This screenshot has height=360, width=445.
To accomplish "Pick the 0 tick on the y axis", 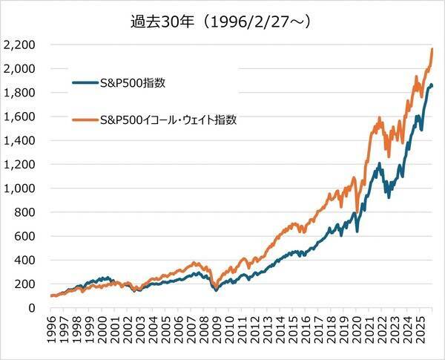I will pyautogui.click(x=34, y=308).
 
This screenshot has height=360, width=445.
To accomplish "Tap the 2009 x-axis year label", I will pyautogui.click(x=214, y=331).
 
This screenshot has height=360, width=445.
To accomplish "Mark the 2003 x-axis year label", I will pyautogui.click(x=139, y=331).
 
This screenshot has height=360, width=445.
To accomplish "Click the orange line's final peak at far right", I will pyautogui.click(x=432, y=49).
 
